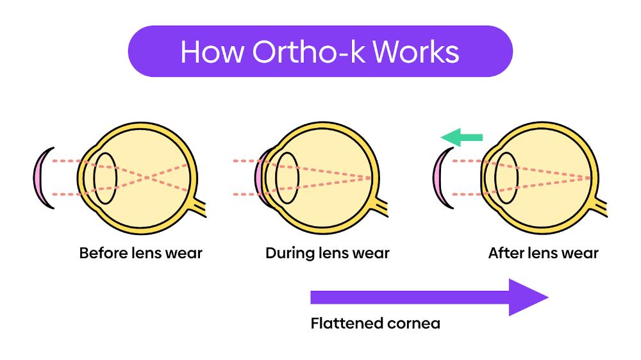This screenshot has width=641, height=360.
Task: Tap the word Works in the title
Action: [421, 51]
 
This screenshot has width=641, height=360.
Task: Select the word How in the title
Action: [212, 51]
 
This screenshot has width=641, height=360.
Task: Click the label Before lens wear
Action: [140, 253]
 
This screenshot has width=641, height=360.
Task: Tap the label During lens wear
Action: [327, 253]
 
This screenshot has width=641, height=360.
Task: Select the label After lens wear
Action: [543, 253]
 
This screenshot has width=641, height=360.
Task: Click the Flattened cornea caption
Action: [375, 323]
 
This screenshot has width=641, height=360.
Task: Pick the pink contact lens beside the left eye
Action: [39, 177]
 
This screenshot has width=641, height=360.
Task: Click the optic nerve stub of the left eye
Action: [200, 209]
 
